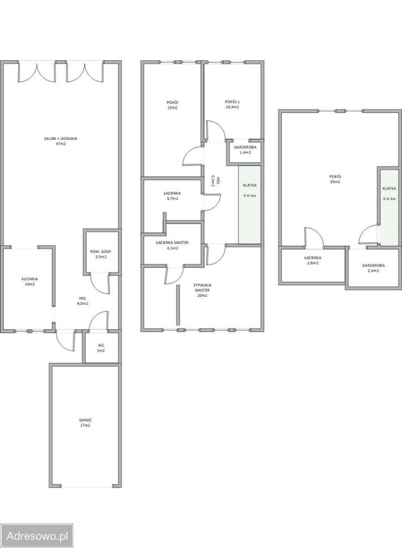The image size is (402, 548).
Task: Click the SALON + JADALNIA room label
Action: click(x=61, y=138)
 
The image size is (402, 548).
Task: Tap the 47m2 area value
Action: click(x=61, y=144)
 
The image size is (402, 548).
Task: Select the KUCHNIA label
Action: click(x=30, y=279)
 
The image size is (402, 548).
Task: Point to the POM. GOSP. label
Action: click(x=101, y=251)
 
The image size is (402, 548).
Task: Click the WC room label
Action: click(x=101, y=345)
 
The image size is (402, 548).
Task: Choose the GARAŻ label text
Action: click(x=85, y=420)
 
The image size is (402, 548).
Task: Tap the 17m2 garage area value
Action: click(x=85, y=425)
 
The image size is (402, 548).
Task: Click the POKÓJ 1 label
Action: click(x=233, y=102)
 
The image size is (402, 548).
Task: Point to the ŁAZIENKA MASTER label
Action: click(x=172, y=243)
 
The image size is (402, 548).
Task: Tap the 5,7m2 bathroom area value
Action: click(x=172, y=199)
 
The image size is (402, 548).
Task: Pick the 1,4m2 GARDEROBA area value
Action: click(x=245, y=152)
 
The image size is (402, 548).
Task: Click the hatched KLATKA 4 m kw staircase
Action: click(x=250, y=205)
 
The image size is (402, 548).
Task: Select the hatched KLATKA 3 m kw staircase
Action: click(x=389, y=208)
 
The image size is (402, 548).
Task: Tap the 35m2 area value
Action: click(x=335, y=182)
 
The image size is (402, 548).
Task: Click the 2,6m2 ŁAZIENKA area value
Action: click(x=313, y=263)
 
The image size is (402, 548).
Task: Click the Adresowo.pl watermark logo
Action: click(x=37, y=535)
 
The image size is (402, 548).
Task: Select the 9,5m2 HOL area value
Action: click(x=82, y=303)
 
